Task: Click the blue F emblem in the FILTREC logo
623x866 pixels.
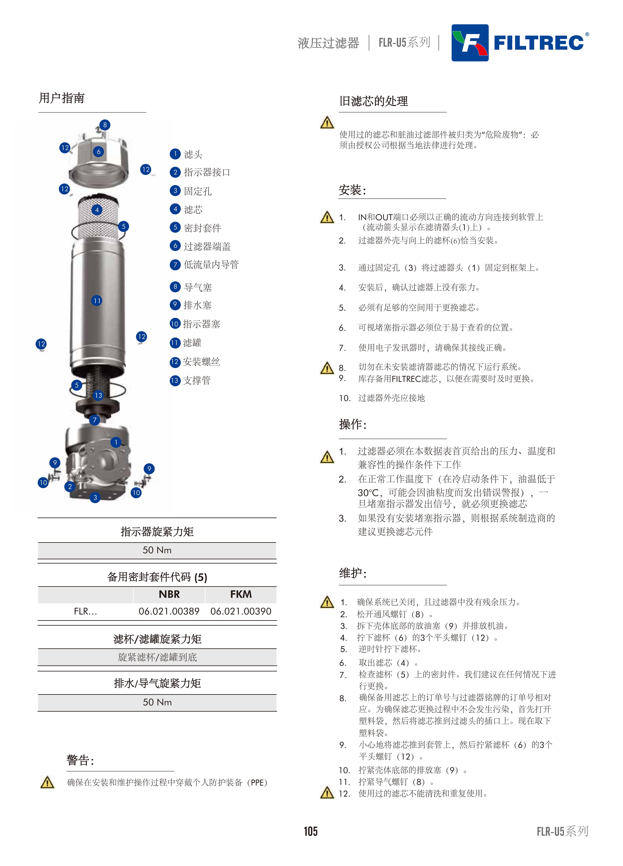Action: [470, 43]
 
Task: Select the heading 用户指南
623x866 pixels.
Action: [62, 98]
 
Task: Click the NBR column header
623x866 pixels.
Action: [169, 594]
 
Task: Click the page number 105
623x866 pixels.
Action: [311, 831]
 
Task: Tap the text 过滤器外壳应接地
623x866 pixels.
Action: [392, 398]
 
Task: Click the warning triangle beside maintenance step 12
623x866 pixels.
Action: [327, 793]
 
